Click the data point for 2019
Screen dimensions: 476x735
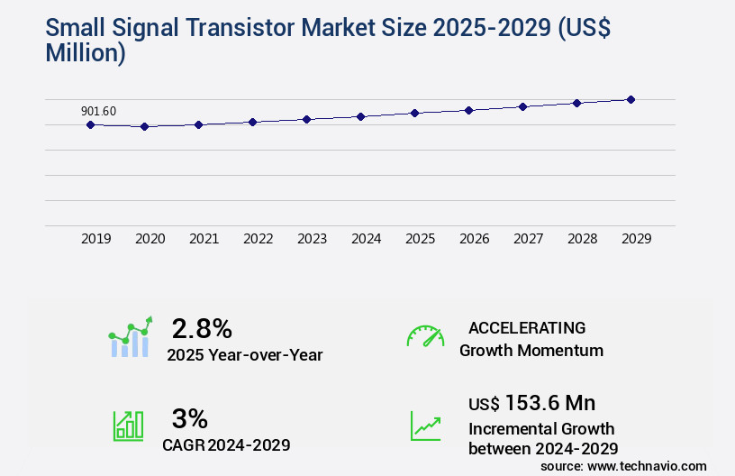click(x=90, y=124)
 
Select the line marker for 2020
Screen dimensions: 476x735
click(x=144, y=127)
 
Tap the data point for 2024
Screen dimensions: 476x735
click(x=360, y=116)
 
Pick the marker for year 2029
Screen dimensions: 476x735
click(x=631, y=99)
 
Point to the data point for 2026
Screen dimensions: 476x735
click(x=468, y=110)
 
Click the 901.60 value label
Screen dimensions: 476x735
click(x=98, y=112)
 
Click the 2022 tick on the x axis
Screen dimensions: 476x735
click(x=259, y=239)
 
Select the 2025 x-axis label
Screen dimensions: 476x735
click(x=421, y=239)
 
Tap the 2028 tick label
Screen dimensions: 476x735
click(x=583, y=239)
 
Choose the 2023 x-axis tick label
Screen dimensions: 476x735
click(x=313, y=239)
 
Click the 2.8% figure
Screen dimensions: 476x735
click(x=202, y=327)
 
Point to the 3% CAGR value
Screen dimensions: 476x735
click(x=189, y=418)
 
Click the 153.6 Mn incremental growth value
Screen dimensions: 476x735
click(x=549, y=403)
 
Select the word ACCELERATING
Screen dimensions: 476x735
click(x=527, y=327)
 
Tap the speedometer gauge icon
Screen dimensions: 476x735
click(x=425, y=336)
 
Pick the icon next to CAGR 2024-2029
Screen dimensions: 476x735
click(x=128, y=426)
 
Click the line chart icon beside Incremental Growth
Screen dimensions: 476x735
click(x=425, y=426)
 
